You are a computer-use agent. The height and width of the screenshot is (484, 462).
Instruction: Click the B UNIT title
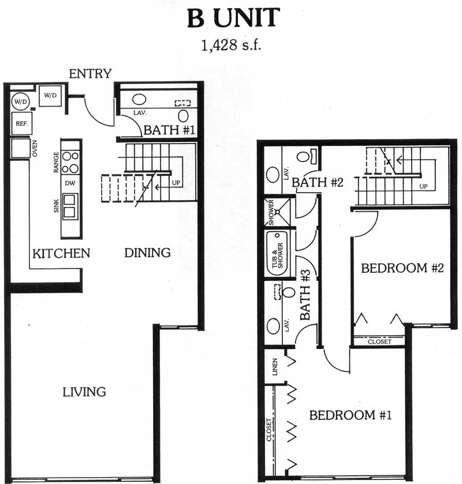point(234,18)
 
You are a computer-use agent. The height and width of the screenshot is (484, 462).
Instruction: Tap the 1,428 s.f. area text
point(231,46)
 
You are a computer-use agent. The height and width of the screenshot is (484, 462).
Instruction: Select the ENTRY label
point(90,74)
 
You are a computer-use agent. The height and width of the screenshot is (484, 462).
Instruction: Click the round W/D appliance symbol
point(20,102)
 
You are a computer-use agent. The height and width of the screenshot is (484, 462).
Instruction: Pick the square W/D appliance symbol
point(50,95)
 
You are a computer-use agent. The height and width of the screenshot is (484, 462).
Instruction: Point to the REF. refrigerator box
point(21,123)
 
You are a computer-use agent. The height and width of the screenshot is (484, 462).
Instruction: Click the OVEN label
point(35,148)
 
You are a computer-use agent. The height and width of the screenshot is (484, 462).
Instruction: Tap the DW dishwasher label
point(70,183)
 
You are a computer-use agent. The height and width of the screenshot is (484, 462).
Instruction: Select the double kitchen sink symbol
point(70,206)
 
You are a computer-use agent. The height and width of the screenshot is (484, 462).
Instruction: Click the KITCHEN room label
point(61,253)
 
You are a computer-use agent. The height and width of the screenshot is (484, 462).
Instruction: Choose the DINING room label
point(147,253)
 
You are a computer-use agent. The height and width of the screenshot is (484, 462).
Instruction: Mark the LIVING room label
point(84,392)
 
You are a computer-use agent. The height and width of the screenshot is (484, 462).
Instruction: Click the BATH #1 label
point(169,130)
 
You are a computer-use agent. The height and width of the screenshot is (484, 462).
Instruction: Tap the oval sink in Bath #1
point(139,99)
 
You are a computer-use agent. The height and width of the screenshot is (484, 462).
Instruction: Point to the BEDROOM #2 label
point(403,268)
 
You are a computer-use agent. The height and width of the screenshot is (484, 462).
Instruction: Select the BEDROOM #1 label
point(351,415)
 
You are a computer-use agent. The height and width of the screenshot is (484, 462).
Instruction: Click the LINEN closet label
point(275,367)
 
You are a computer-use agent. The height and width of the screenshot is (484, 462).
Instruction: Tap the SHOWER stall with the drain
point(278,212)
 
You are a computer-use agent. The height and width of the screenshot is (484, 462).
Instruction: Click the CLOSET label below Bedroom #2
point(379,342)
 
